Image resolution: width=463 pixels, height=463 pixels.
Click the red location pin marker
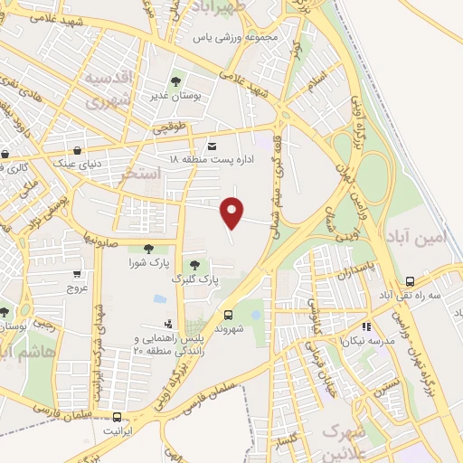pyautogui.click(x=233, y=213)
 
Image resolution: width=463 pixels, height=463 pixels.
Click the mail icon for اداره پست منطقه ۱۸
pyautogui.click(x=213, y=146)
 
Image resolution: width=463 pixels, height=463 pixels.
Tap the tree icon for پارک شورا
pyautogui.click(x=148, y=249)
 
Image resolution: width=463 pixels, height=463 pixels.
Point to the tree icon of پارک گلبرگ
pyautogui.click(x=195, y=264)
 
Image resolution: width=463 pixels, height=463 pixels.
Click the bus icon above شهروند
pyautogui.click(x=227, y=315)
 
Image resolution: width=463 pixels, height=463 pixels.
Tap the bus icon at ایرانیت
pyautogui.click(x=118, y=417)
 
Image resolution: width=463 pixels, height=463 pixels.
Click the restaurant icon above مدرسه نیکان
pyautogui.click(x=366, y=326)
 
